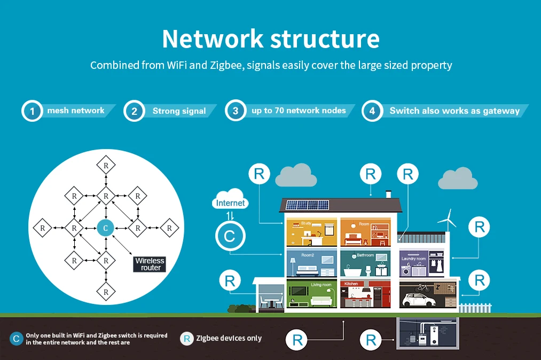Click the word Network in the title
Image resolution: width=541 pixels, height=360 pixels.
[213, 38]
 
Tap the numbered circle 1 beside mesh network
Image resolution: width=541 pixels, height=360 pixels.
[32, 111]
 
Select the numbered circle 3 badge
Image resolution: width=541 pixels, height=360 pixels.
[236, 111]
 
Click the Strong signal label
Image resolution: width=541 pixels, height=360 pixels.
[179, 111]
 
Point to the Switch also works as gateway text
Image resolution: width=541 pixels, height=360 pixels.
[454, 111]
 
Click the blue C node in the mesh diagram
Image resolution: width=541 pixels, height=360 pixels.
[106, 228]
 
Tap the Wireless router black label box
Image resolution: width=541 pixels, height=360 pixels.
[150, 264]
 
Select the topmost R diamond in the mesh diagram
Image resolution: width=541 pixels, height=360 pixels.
[106, 166]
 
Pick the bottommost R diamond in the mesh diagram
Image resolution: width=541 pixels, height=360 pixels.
[106, 292]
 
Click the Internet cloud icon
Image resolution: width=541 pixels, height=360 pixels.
[230, 199]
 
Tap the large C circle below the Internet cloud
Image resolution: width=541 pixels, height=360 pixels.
[230, 236]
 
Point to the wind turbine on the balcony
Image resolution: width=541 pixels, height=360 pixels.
[448, 221]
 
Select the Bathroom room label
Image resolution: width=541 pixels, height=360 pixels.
[365, 255]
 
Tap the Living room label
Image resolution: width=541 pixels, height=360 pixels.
[321, 285]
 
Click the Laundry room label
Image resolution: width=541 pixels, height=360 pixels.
[414, 259]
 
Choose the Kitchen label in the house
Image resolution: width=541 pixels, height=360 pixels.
[351, 284]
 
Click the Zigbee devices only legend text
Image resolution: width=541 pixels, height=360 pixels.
[229, 339]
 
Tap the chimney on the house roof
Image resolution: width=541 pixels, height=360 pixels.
[388, 194]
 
